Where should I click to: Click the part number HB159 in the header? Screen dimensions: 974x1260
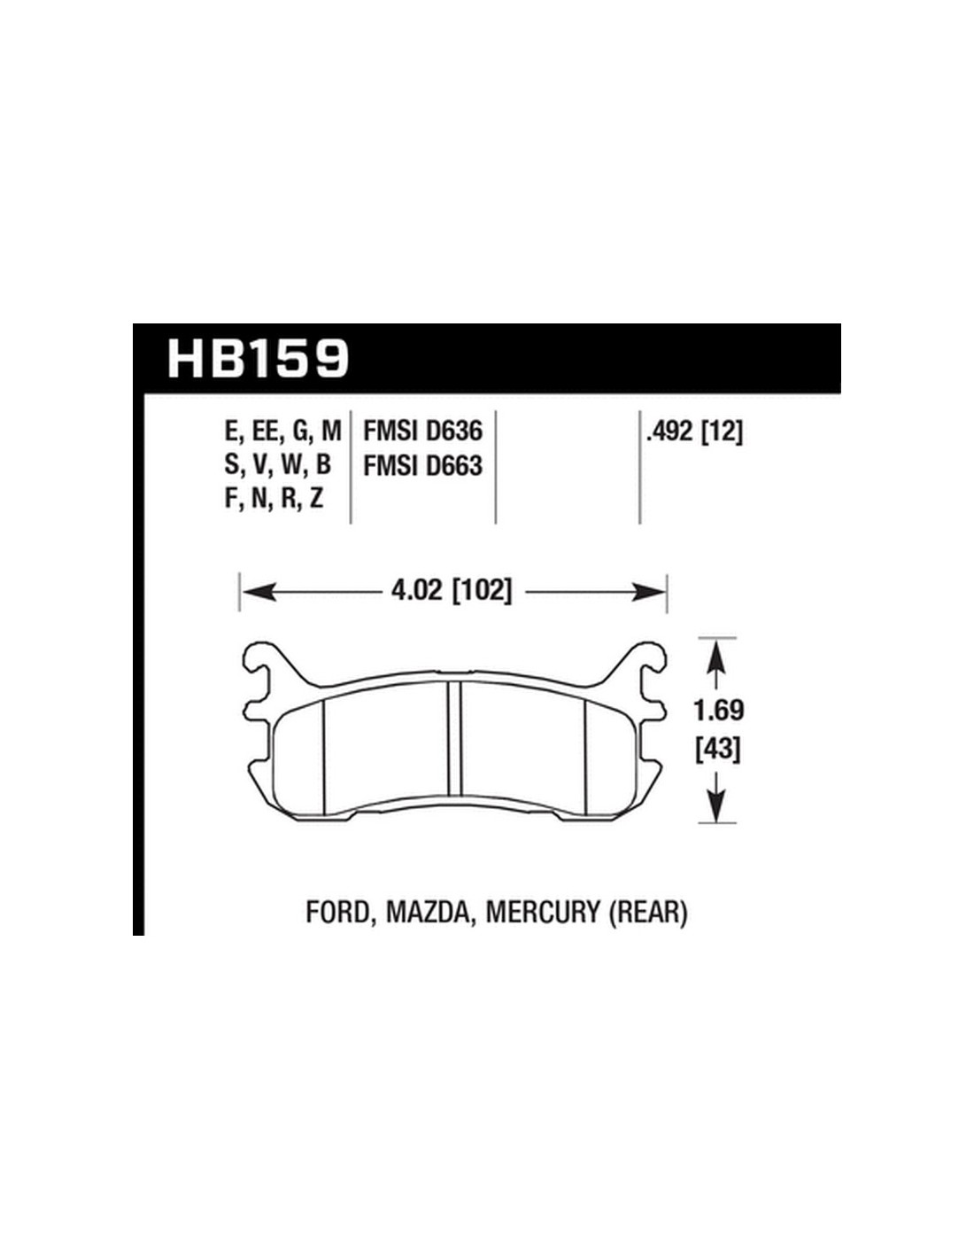pos(258,359)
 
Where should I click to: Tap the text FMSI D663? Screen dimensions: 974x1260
pos(422,465)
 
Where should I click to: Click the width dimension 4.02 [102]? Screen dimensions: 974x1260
pos(452,591)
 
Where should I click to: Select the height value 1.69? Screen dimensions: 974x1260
pos(719,711)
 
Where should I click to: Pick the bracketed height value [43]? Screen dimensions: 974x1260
pos(718,751)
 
